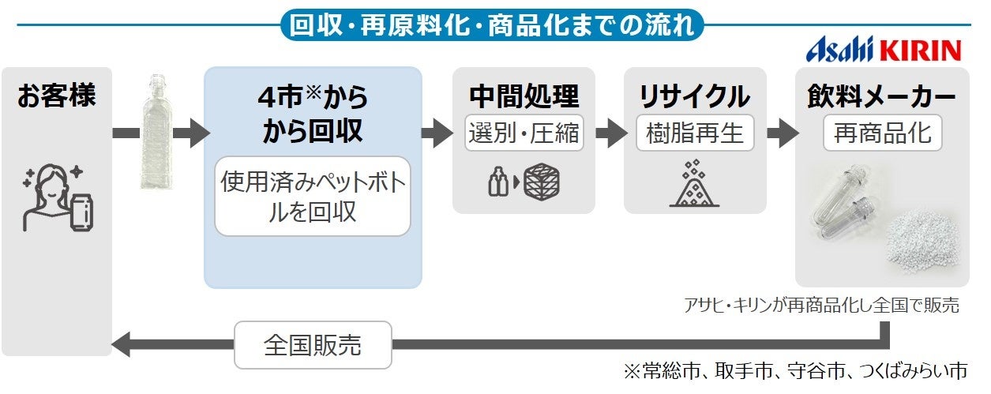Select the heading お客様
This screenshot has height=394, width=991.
coord(56,97)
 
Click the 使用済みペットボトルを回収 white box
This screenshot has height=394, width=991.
coord(313,197)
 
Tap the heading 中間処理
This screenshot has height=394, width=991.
coord(524,96)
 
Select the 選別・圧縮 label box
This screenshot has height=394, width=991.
coord(524,133)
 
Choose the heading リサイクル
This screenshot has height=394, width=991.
coord(694,96)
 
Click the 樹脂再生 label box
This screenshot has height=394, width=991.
coord(694,133)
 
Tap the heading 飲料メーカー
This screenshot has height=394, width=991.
coord(881,96)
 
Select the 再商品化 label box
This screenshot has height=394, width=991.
coord(882,133)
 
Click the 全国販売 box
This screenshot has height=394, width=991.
coord(314,345)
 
